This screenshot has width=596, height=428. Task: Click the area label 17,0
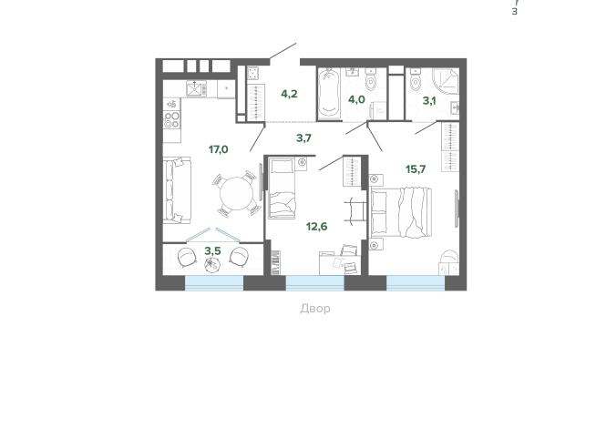tap(218, 149)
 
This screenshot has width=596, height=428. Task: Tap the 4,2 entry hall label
tap(290, 94)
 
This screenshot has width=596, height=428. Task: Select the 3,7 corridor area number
tap(303, 138)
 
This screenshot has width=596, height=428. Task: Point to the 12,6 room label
tap(316, 227)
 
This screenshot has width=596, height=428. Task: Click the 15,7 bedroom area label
tap(416, 169)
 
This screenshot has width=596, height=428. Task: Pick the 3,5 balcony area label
tap(212, 250)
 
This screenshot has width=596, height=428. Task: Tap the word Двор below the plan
tap(314, 309)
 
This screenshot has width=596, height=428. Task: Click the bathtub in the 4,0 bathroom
tap(330, 93)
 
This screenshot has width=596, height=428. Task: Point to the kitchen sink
tap(197, 88)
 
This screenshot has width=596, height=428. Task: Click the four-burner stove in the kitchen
tap(171, 118)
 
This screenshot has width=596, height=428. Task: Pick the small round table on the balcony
tap(212, 265)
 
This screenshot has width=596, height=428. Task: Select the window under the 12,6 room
tap(314, 283)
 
